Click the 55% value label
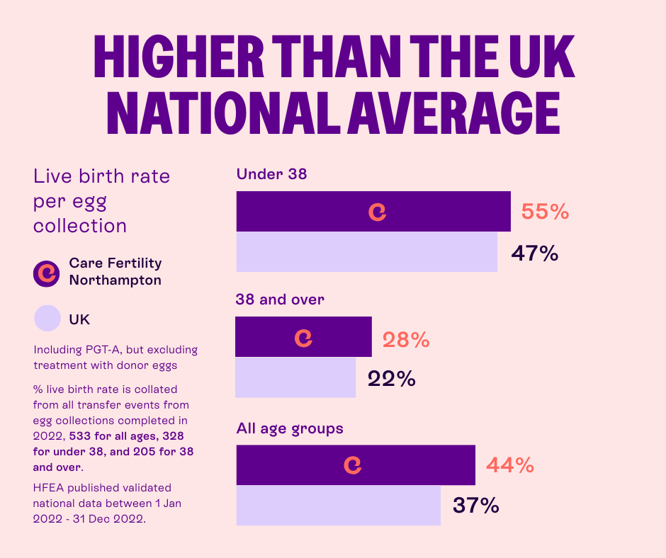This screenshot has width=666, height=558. (545, 212)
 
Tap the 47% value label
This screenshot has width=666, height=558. (535, 253)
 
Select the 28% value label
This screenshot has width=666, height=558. (406, 340)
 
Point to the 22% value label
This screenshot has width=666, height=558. (391, 379)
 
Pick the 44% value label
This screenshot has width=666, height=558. (509, 465)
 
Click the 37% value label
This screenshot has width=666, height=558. (475, 506)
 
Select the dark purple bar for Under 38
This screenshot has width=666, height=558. (373, 211)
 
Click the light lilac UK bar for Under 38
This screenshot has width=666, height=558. (366, 252)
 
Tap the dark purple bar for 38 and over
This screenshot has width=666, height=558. (303, 337)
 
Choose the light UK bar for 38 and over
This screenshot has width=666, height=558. (295, 377)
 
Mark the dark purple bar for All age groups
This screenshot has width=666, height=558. (355, 465)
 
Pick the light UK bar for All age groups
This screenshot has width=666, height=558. (338, 505)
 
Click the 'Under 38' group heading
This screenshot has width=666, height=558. (271, 173)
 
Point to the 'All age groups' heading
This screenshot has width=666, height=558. (290, 428)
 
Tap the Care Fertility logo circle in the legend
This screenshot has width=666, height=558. (47, 272)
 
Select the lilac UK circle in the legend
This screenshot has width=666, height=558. (47, 318)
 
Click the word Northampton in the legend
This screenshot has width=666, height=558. (115, 280)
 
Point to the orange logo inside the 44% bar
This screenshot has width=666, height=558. (352, 465)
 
